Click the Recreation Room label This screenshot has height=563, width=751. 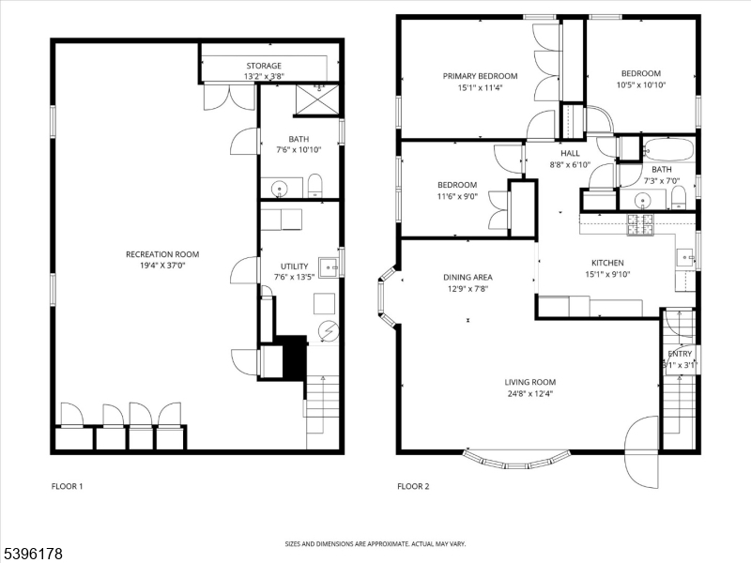(162, 254)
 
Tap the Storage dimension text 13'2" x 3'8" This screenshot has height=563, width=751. (264, 76)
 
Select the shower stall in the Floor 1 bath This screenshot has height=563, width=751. (317, 100)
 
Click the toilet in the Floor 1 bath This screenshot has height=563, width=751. (314, 186)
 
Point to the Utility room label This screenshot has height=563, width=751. (294, 266)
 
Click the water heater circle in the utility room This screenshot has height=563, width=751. (329, 330)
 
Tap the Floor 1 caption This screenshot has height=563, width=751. (67, 486)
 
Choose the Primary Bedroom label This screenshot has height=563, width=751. (480, 76)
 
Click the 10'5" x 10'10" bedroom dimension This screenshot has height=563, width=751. (641, 85)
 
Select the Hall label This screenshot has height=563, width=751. (570, 153)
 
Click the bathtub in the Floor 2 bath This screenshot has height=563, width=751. (669, 150)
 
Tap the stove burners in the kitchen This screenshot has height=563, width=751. (640, 224)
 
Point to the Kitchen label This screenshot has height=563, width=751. (607, 263)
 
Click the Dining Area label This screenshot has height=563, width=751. (467, 277)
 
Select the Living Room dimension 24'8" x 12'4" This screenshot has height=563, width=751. (529, 394)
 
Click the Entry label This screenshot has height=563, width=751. (680, 354)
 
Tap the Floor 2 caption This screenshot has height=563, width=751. (413, 486)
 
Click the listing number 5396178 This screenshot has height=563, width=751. (32, 554)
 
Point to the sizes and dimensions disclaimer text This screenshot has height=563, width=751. (375, 544)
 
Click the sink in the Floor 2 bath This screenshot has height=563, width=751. (642, 200)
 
